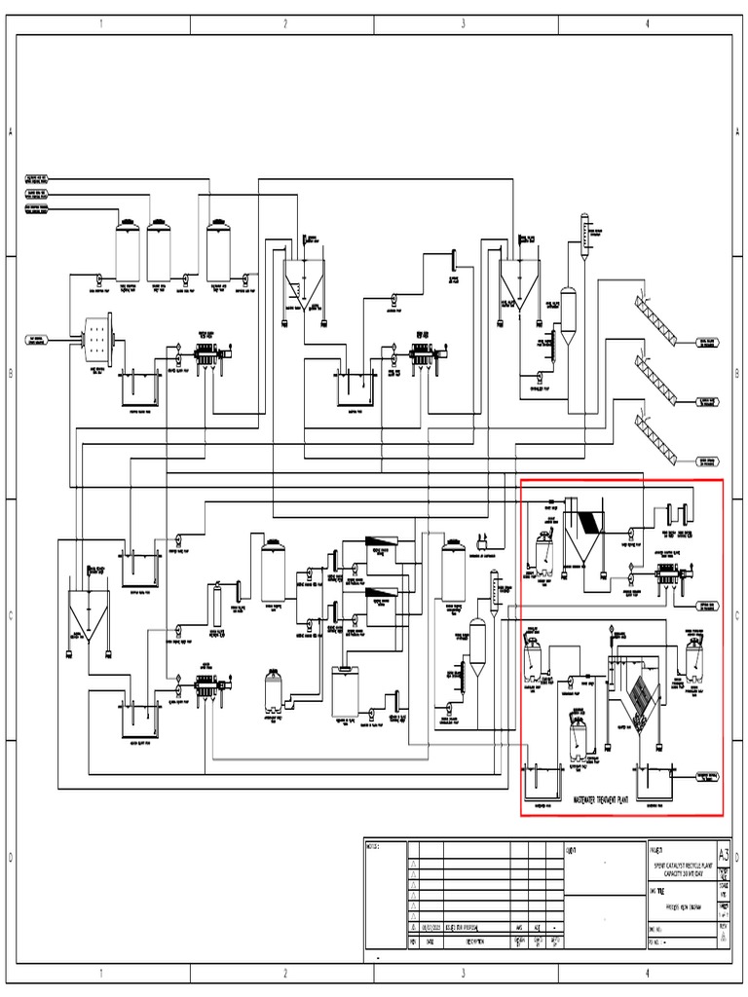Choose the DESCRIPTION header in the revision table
click(x=470, y=942)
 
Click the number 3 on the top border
click(x=463, y=24)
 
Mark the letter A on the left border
click(x=10, y=133)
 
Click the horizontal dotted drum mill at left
click(x=97, y=341)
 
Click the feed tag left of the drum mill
click(x=42, y=339)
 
